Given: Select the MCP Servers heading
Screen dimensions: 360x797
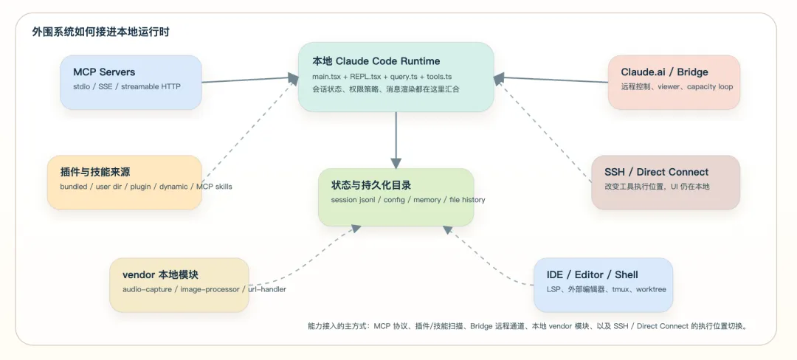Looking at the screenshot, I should click(x=104, y=72).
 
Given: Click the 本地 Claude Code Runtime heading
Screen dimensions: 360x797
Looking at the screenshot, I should click(x=376, y=60).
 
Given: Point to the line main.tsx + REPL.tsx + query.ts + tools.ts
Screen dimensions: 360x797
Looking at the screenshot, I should click(x=382, y=76).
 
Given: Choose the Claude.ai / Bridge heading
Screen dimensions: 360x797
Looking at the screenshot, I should click(x=664, y=72).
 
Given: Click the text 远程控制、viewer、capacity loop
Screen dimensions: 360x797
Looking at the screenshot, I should click(x=677, y=86).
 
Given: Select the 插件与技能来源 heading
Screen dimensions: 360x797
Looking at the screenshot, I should click(x=95, y=172).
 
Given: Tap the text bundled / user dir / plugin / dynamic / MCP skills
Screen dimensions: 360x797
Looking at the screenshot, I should click(x=146, y=187).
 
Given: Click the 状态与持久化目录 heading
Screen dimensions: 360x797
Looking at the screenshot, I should click(x=371, y=185).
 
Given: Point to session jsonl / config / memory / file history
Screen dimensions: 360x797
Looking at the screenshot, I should click(x=408, y=200).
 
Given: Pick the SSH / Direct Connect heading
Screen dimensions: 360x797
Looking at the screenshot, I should click(x=656, y=172).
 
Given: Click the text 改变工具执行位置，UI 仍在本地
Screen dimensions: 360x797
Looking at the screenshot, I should click(x=652, y=187).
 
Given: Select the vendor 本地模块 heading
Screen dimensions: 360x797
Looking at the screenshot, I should click(x=160, y=274).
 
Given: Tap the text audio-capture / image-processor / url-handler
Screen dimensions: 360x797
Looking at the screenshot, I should click(x=204, y=289).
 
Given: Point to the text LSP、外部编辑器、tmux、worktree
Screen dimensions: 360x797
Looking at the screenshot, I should click(x=606, y=289).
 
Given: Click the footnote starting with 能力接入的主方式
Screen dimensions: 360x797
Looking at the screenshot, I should click(x=527, y=325).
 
